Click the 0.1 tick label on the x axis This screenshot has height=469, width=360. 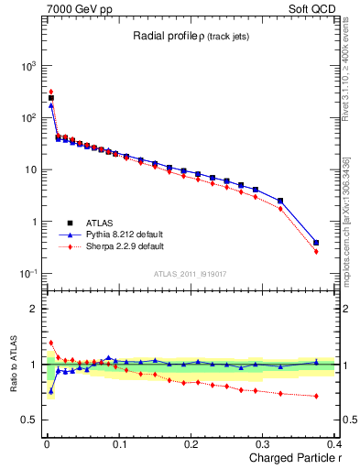click(x=118, y=444)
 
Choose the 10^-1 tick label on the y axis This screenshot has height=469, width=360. click(x=27, y=274)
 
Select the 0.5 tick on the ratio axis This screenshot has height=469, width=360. click(x=29, y=420)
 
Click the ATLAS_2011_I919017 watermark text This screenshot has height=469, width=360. click(x=191, y=273)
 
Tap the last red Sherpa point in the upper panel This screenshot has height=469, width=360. click(x=316, y=251)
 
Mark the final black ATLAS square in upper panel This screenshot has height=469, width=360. click(x=316, y=243)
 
